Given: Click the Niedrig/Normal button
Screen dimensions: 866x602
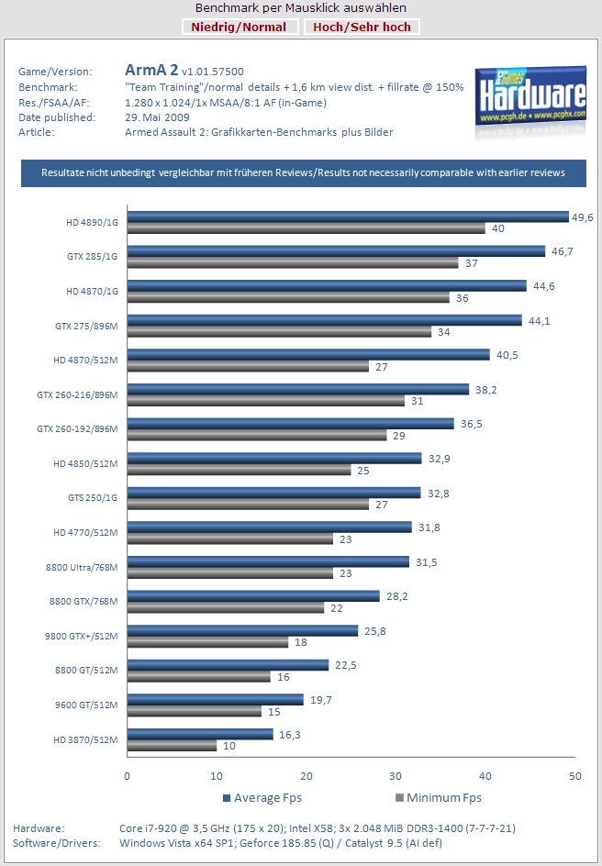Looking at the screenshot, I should (239, 27).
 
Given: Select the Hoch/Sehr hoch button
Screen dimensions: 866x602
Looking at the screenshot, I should (362, 27).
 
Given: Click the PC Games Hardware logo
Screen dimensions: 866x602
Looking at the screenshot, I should (530, 101).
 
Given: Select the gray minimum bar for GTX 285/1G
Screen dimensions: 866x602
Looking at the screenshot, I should (292, 263).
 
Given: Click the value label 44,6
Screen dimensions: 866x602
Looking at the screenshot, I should (542, 285).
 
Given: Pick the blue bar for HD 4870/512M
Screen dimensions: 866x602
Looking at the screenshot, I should (307, 355).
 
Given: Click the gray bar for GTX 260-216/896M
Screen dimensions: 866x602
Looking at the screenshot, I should (265, 401).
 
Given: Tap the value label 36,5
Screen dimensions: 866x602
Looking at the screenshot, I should (470, 423).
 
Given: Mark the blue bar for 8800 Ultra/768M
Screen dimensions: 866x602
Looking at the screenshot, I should (267, 561).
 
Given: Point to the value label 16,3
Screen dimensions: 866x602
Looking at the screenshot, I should (288, 734).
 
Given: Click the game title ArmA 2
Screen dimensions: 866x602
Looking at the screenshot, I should (151, 70).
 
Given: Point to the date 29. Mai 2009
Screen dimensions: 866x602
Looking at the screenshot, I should (157, 117).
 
